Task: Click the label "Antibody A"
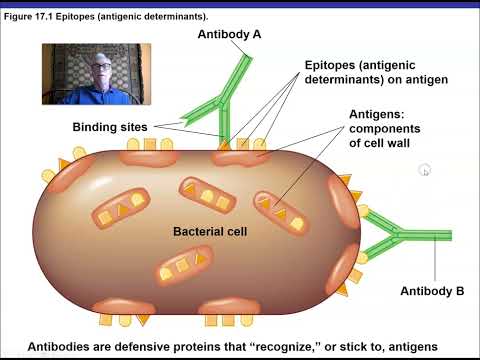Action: [x=229, y=33]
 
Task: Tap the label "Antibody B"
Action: [x=432, y=291]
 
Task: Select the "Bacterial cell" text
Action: [x=210, y=231]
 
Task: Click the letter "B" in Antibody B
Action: [x=460, y=291]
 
